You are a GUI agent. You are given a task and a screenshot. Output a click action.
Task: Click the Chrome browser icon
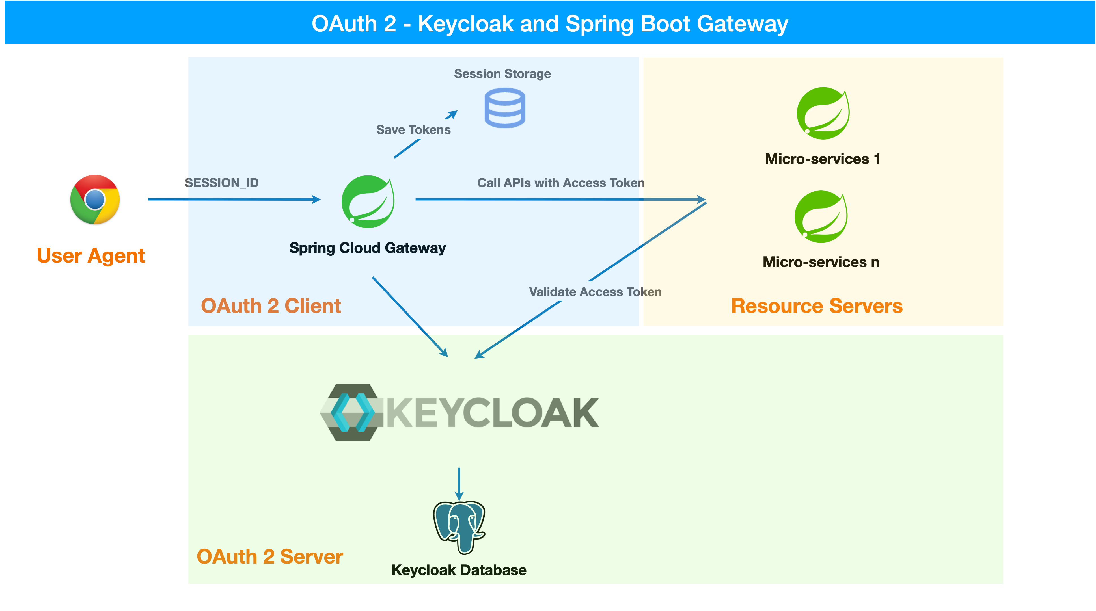tap(95, 200)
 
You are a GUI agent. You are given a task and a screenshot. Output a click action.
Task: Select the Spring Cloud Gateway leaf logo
tap(368, 201)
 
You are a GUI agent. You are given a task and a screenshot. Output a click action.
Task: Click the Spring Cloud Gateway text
tap(367, 248)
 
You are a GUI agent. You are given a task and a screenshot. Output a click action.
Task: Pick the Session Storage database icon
tap(505, 108)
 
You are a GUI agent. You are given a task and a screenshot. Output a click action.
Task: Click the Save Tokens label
tap(413, 130)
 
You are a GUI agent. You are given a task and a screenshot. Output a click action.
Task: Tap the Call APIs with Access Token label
tap(560, 183)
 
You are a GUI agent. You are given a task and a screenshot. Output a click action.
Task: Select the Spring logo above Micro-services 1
tap(823, 114)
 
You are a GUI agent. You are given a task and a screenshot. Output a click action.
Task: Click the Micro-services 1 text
tap(822, 159)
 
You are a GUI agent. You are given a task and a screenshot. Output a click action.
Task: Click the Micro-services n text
tap(820, 262)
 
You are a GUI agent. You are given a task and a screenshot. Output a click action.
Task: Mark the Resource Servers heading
tap(816, 306)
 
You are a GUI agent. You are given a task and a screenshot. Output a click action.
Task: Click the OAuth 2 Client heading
tap(271, 306)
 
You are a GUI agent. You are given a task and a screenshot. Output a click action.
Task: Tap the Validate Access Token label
tap(595, 292)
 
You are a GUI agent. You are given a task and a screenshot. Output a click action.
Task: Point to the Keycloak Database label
tap(459, 570)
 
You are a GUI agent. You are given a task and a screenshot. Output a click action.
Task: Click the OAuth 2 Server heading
tap(270, 557)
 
